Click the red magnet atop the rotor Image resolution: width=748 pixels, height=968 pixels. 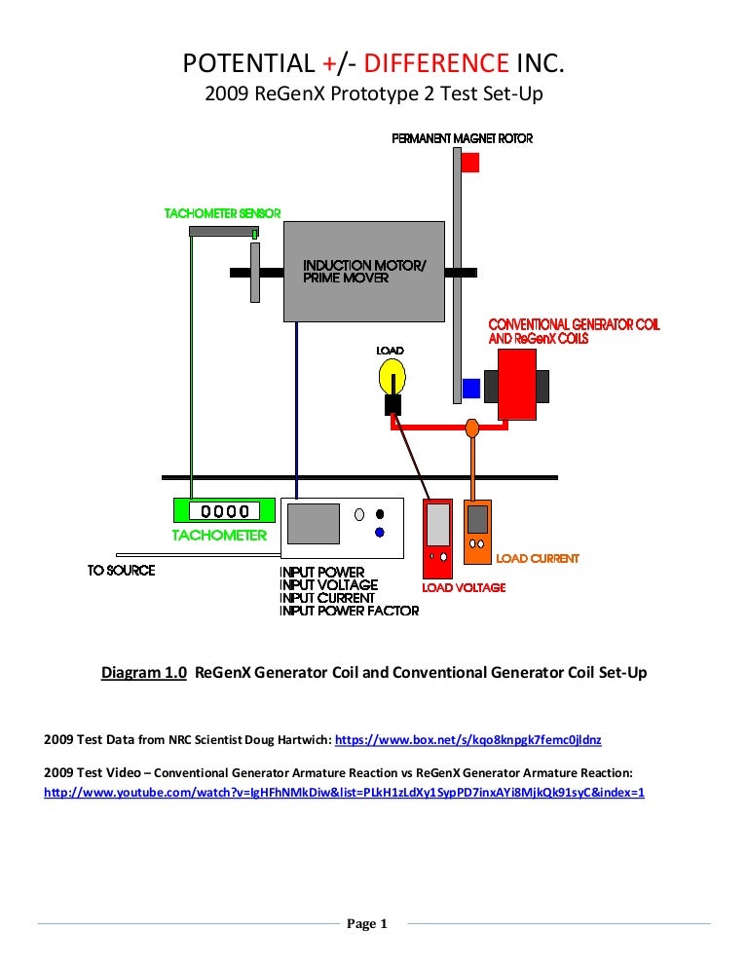pos(469,163)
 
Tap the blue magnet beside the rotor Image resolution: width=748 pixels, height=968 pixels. pos(470,389)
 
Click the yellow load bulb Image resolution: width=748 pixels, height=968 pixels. pos(392,376)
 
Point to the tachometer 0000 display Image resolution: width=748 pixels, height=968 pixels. pos(223,510)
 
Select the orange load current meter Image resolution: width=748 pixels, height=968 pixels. pos(477,534)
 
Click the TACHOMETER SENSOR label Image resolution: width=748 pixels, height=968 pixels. pos(222,213)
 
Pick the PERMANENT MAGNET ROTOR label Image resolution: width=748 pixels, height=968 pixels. pos(462,139)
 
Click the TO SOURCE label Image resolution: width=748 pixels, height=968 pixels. pos(121,570)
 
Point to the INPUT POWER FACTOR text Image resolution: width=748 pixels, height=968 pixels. pos(349,611)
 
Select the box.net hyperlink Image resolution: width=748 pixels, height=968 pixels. pos(475,740)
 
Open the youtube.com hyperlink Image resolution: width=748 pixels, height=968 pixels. pos(345,792)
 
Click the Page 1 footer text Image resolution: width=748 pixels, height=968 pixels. pos(367,924)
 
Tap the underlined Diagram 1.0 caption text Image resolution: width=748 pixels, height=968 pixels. pos(144,673)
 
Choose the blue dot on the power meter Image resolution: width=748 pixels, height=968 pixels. pos(379,532)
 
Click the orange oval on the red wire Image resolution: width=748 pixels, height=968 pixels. pos(472,428)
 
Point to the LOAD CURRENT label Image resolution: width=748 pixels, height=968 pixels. pos(538,559)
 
